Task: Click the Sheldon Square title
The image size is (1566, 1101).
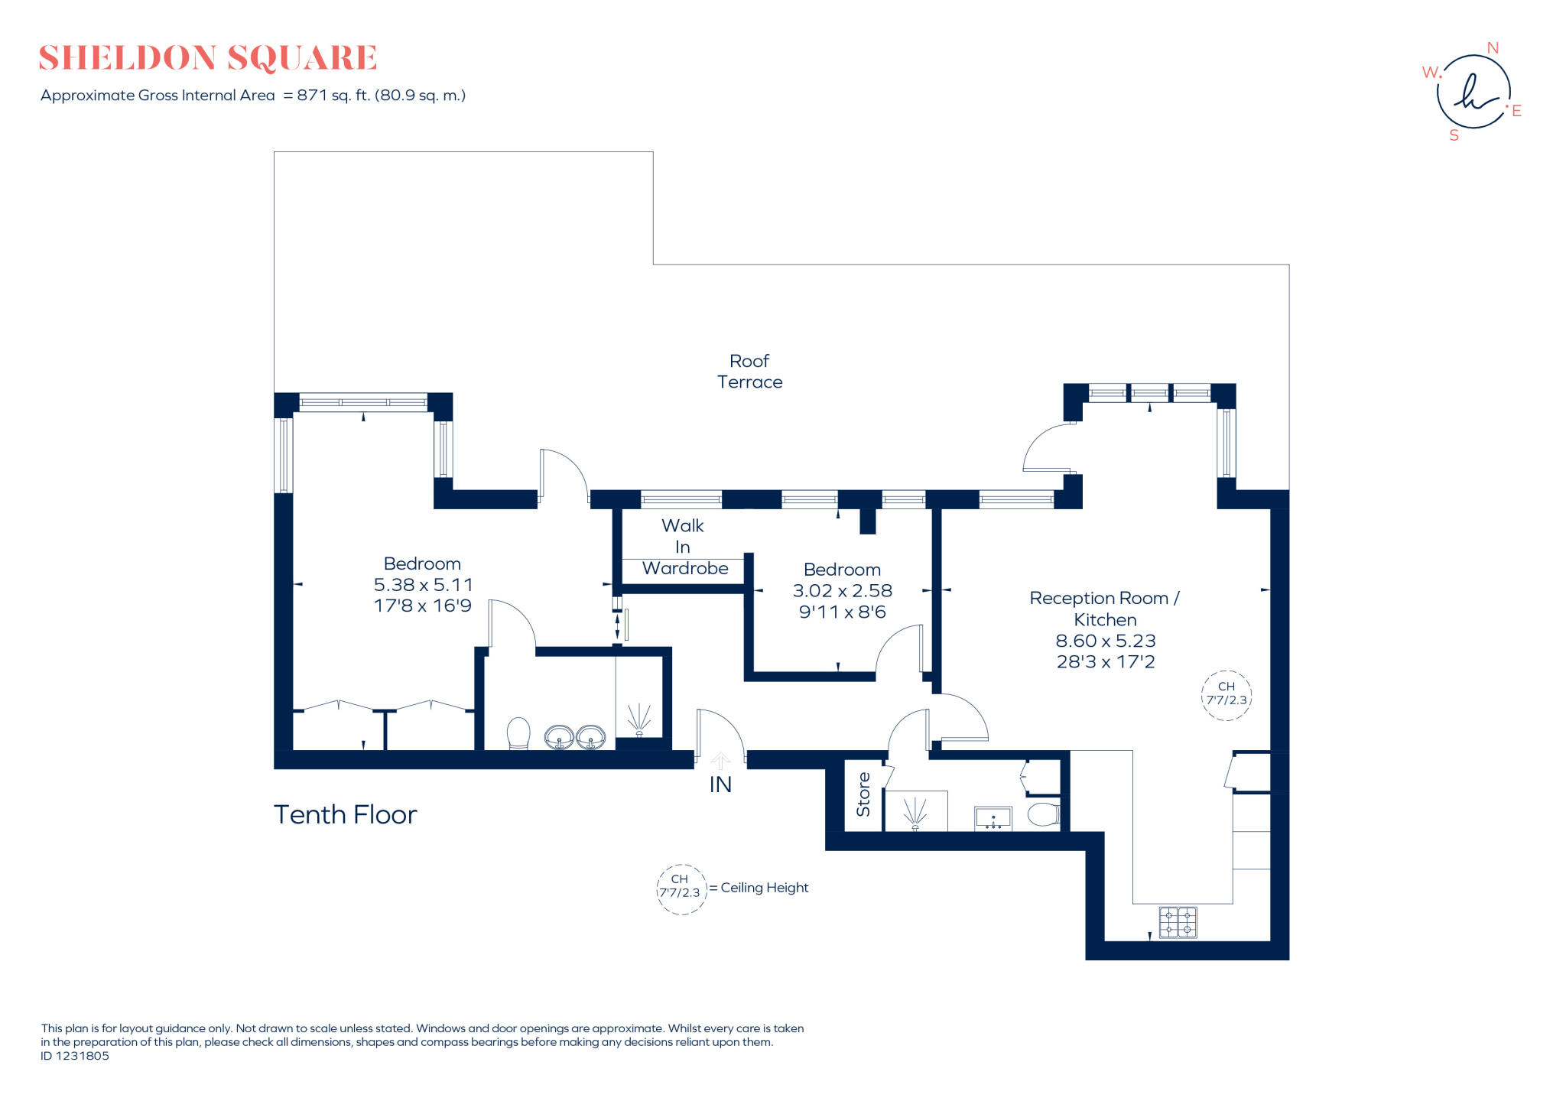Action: click(x=207, y=58)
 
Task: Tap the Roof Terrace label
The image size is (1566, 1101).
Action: click(x=749, y=372)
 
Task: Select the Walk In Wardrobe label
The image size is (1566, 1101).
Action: click(x=684, y=547)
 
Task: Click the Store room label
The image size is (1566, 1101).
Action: click(x=863, y=794)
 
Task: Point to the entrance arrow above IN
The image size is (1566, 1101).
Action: click(x=720, y=760)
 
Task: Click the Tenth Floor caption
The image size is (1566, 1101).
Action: click(x=345, y=815)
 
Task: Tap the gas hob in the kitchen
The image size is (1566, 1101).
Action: click(x=1178, y=922)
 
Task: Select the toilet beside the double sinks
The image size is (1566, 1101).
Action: click(x=518, y=733)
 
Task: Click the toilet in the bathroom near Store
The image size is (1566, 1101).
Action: click(x=1045, y=814)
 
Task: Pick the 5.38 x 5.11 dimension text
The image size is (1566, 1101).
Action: click(x=423, y=585)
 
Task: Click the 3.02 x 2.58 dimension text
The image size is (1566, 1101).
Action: click(x=842, y=591)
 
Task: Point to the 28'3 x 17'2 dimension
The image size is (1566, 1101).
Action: click(x=1105, y=662)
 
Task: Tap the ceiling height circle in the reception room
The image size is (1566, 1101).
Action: click(x=1226, y=694)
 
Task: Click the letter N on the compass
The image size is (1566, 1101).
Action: click(x=1492, y=48)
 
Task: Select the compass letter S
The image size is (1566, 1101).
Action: click(x=1454, y=135)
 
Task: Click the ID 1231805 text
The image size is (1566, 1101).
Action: click(x=75, y=1056)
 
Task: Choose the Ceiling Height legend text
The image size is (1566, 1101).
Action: click(x=764, y=888)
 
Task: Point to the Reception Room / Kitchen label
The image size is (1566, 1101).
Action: click(x=1104, y=609)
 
